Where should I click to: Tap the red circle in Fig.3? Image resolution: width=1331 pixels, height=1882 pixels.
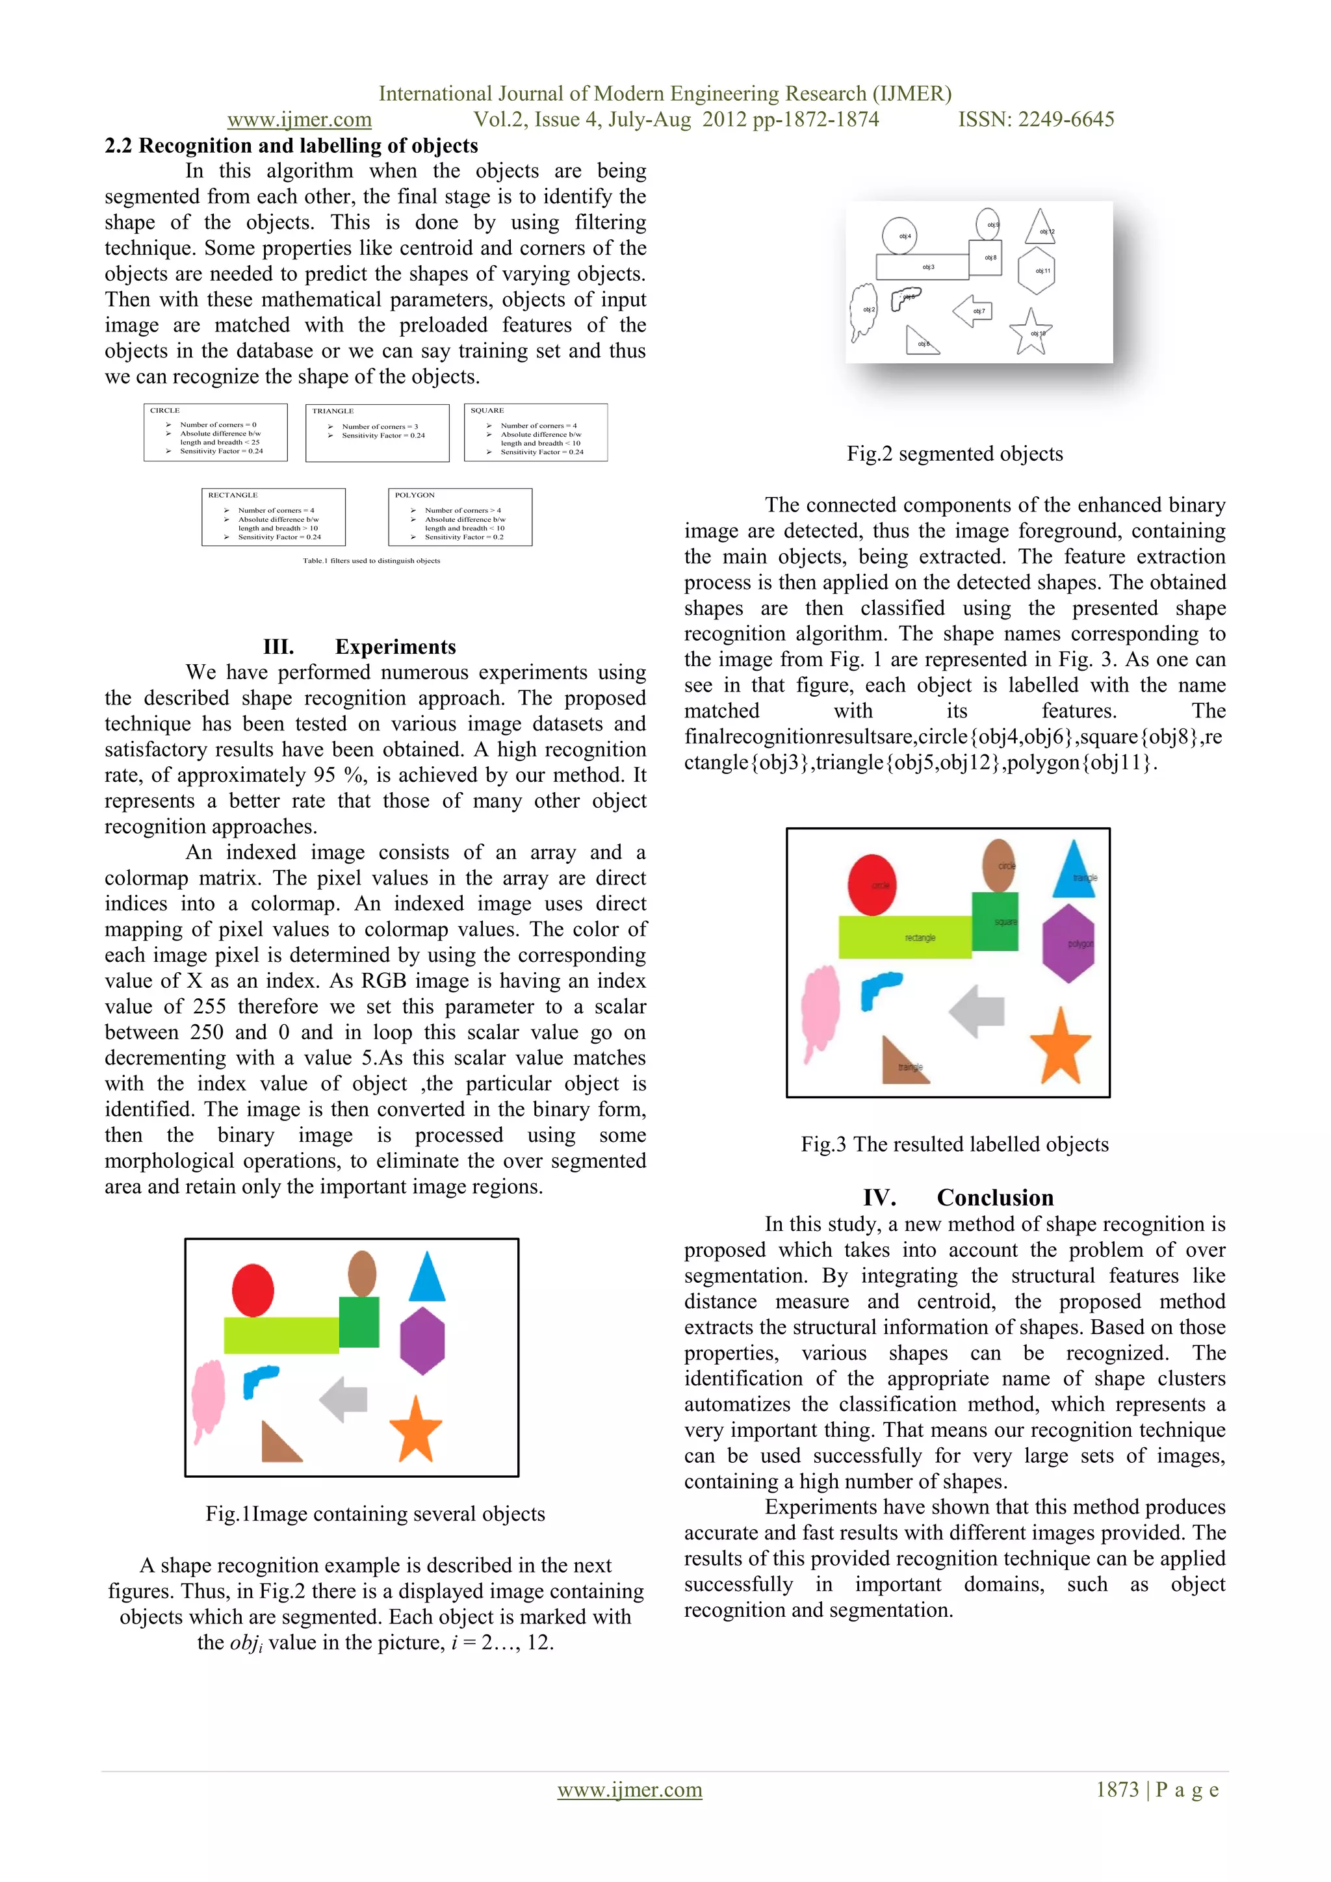pos(872,884)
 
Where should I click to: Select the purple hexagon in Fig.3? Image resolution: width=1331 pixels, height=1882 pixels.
pos(1068,944)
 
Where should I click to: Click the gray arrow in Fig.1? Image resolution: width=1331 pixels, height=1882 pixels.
pos(344,1399)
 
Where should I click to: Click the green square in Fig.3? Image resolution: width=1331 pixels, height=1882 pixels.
pos(994,922)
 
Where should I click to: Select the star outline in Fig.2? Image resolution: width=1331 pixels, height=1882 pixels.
pos(1030,332)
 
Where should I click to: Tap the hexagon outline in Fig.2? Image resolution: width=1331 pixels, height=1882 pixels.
pos(1036,270)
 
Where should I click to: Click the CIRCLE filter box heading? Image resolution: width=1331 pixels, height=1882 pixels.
pos(164,411)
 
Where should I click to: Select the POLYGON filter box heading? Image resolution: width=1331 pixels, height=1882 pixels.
pos(415,495)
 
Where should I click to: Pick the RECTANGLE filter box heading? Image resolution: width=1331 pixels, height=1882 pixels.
pos(233,495)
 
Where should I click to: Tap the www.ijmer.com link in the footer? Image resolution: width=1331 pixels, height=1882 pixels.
pos(630,1789)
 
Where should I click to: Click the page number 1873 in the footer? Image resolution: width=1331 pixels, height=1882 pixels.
pos(1117,1789)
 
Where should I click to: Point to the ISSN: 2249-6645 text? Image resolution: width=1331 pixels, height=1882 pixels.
pos(1036,120)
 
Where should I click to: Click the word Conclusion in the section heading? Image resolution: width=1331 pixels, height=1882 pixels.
pos(995,1198)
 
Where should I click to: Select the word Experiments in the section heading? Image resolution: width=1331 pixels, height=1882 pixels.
pos(395,647)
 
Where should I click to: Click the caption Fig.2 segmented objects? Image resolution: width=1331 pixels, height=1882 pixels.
pos(954,454)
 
